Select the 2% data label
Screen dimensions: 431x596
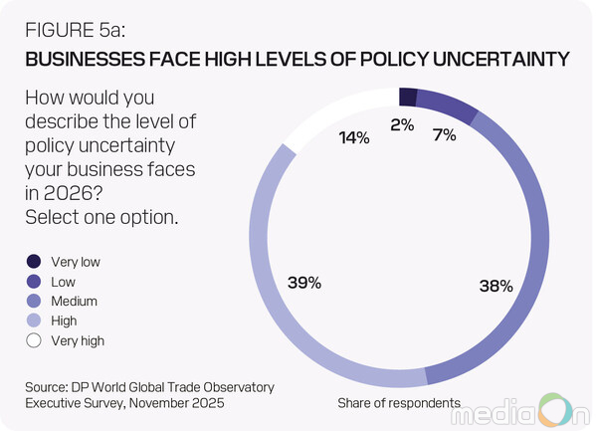coord(402,125)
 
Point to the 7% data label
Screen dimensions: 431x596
coord(444,133)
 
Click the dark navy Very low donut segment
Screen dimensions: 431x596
coord(406,96)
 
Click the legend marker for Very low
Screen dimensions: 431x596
coord(35,262)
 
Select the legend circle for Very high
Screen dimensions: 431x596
coord(35,340)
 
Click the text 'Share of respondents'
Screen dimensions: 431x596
coord(398,403)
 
